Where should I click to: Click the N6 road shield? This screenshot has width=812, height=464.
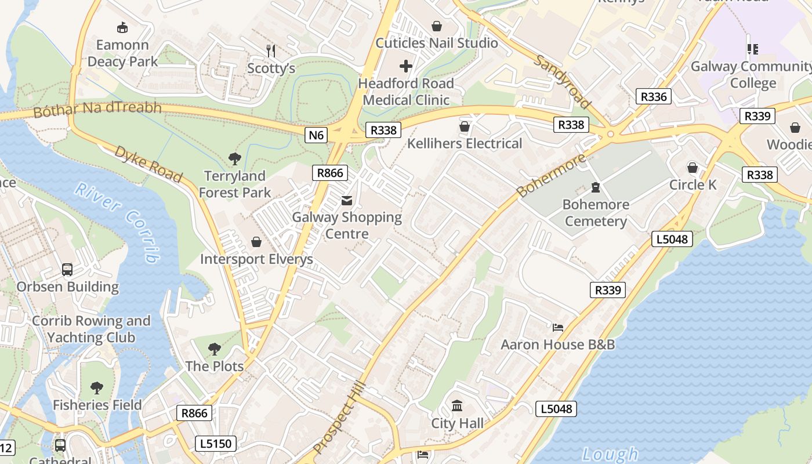(x=316, y=135)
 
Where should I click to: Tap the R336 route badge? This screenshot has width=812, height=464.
(x=653, y=96)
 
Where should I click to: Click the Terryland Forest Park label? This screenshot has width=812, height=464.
(x=235, y=184)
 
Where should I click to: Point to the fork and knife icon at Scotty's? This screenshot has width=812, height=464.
(x=270, y=50)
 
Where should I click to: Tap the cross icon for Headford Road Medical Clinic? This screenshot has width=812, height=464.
(x=406, y=66)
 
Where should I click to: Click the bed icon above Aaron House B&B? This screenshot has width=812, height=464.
(x=558, y=328)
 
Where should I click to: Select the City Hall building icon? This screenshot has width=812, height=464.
(x=457, y=405)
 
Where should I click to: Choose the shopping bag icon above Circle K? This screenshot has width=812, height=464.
(x=693, y=168)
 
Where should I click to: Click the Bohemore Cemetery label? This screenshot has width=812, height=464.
(x=596, y=213)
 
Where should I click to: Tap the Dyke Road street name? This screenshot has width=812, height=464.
(x=148, y=164)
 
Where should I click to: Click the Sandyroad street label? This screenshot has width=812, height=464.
(x=563, y=82)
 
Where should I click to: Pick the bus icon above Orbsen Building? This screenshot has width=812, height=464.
(x=67, y=270)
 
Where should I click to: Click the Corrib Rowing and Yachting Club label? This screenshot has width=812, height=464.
(x=90, y=329)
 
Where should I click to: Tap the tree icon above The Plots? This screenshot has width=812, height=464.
(x=215, y=349)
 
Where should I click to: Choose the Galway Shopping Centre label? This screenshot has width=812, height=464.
(x=347, y=225)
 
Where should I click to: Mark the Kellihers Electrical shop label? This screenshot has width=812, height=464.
(x=465, y=143)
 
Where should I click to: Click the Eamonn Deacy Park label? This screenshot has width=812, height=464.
(x=122, y=53)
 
